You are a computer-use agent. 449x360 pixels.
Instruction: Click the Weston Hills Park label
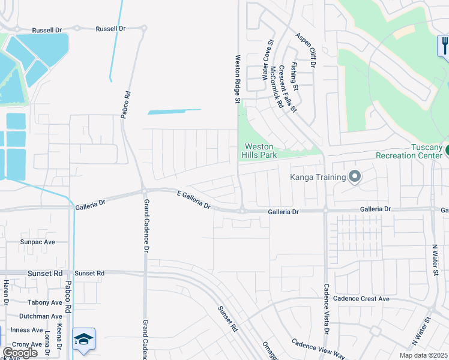(258, 151)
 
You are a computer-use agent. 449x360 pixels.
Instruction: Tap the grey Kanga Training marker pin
(354, 176)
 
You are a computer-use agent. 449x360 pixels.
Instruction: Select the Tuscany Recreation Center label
(409, 151)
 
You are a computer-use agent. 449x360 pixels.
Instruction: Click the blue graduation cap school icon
(83, 339)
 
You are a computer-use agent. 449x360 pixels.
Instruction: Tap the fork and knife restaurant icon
(444, 45)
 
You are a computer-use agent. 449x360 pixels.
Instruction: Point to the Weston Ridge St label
(237, 78)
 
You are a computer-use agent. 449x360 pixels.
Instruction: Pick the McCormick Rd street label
(277, 86)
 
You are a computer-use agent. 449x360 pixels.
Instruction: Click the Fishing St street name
(294, 74)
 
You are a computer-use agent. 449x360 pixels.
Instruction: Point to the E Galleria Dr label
(194, 200)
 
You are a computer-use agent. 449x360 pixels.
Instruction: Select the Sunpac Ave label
(37, 242)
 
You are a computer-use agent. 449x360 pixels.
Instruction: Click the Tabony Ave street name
(44, 303)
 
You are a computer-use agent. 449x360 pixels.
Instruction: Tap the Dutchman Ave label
(40, 316)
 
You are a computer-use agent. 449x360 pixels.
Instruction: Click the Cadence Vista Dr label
(327, 308)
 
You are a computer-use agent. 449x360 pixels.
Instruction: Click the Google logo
(20, 353)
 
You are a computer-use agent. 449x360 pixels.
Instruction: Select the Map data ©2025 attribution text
(424, 355)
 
